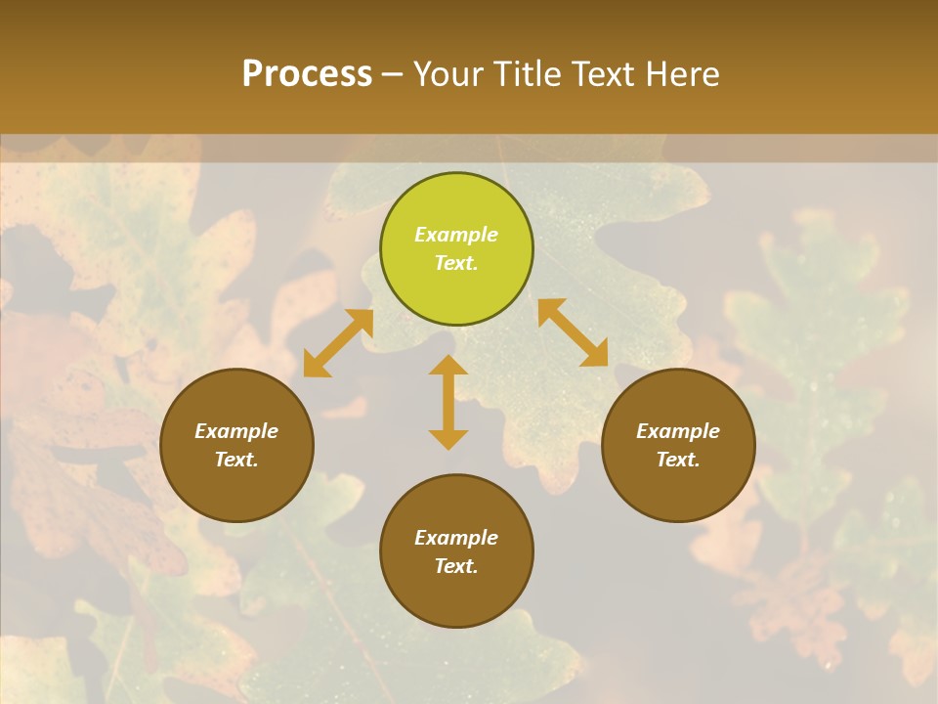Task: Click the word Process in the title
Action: [x=307, y=74]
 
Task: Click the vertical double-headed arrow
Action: [x=448, y=402]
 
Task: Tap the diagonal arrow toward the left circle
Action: [x=338, y=343]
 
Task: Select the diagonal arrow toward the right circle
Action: [x=573, y=332]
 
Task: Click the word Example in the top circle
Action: [x=456, y=235]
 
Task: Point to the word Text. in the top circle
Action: [x=456, y=263]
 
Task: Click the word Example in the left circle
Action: [x=236, y=431]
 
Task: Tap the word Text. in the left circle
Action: [x=236, y=460]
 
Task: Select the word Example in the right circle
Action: [x=678, y=431]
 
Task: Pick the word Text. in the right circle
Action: [x=678, y=460]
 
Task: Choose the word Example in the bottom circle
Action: [x=456, y=538]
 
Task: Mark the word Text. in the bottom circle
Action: [x=456, y=566]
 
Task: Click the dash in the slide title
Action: [x=393, y=75]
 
